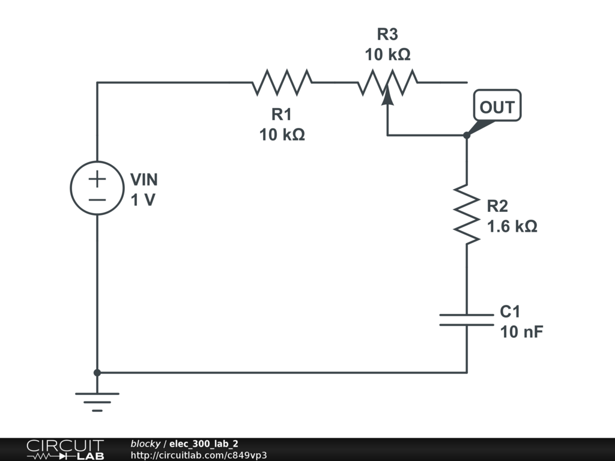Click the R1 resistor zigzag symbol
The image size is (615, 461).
[282, 83]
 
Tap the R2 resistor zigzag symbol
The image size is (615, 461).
[467, 214]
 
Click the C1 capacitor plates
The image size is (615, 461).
[467, 319]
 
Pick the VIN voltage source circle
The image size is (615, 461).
[97, 188]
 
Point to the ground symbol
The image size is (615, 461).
[97, 399]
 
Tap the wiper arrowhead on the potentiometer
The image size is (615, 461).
[387, 93]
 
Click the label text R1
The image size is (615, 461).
[282, 114]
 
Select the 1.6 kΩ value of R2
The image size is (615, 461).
[512, 227]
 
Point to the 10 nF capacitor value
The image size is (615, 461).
[521, 331]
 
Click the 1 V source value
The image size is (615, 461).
[143, 200]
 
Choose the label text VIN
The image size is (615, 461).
[144, 180]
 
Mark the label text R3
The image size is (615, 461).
[387, 34]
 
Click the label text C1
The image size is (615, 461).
[510, 312]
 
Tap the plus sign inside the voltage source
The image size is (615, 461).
[97, 179]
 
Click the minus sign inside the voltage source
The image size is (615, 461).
[97, 200]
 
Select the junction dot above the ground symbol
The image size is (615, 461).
[97, 372]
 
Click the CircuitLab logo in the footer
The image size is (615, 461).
[65, 450]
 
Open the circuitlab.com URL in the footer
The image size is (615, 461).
[198, 455]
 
